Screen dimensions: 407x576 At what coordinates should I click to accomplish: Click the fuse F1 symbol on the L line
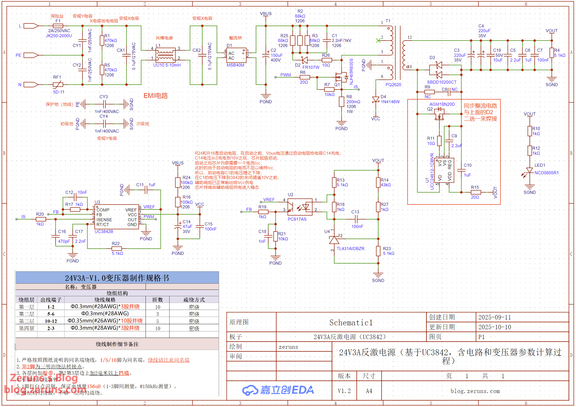(58, 26)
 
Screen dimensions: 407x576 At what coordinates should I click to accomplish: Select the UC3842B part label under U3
(104, 232)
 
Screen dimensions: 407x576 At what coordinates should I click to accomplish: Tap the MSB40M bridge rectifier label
(235, 65)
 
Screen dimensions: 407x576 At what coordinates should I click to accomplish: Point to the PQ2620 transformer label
(393, 84)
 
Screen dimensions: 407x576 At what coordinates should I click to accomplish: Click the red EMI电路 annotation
(156, 96)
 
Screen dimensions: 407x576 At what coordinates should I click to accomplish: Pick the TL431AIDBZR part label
(350, 249)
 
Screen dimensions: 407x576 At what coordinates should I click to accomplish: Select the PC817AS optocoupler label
(297, 219)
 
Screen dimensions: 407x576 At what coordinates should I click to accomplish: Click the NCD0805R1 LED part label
(547, 173)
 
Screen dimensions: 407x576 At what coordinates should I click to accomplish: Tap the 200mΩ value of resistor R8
(353, 102)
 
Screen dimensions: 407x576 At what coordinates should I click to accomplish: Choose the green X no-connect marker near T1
(378, 41)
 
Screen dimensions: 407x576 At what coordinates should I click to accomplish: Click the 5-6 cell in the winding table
(51, 314)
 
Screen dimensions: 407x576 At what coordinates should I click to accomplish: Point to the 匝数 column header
(158, 300)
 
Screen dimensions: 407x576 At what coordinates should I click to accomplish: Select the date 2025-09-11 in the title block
(494, 317)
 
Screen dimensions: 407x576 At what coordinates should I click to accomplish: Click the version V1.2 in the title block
(344, 391)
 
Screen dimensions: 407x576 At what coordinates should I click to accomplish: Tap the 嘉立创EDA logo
(278, 390)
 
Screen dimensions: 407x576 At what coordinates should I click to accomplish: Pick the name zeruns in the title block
(288, 347)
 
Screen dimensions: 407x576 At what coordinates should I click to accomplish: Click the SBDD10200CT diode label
(442, 82)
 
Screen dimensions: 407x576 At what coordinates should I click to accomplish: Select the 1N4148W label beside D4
(390, 102)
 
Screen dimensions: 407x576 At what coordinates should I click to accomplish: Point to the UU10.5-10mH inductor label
(167, 65)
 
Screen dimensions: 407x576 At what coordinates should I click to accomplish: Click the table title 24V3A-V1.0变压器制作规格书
(117, 278)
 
